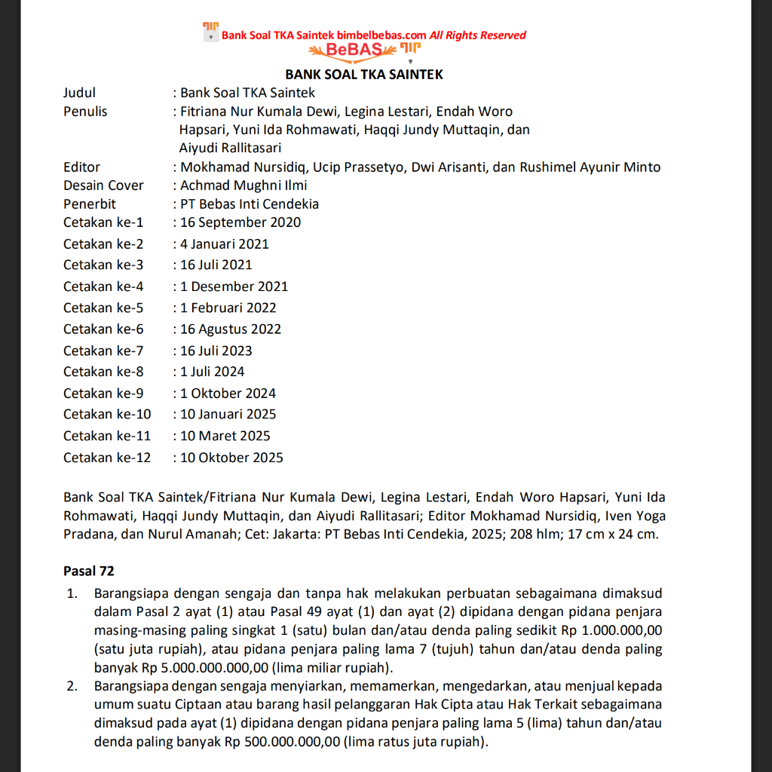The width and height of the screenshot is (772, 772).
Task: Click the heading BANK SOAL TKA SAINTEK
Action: [364, 75]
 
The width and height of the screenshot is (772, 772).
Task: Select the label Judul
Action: [79, 93]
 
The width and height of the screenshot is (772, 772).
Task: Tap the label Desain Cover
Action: [103, 185]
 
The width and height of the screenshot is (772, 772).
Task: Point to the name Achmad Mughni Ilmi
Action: [244, 185]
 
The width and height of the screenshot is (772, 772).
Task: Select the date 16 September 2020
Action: [240, 222]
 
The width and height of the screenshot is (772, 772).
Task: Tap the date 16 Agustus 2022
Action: [231, 329]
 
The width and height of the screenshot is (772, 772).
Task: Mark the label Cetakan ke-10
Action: [107, 414]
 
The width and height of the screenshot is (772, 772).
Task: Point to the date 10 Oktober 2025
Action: [232, 457]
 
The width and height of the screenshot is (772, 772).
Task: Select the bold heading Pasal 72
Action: [89, 571]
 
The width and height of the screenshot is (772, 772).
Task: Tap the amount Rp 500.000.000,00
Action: [282, 741]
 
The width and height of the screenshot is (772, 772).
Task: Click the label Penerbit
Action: [90, 204]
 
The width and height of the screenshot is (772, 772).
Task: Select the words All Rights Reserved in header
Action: [478, 35]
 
